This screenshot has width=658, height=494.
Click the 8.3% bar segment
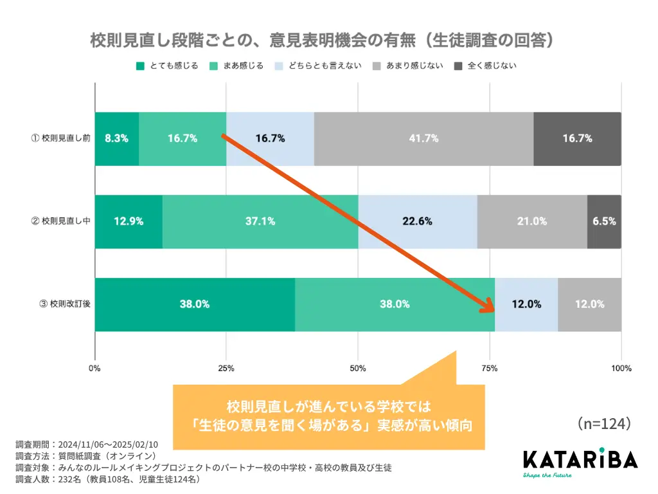[117, 138]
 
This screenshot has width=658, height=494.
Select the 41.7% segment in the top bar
[423, 138]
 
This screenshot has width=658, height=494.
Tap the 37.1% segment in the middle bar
[260, 221]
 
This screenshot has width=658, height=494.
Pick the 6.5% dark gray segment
[604, 221]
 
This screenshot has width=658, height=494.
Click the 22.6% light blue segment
[418, 221]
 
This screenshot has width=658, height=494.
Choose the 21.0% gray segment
[532, 221]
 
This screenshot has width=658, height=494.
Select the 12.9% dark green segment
[129, 221]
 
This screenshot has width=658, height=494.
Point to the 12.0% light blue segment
[526, 304]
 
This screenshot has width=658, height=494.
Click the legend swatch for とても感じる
[140, 66]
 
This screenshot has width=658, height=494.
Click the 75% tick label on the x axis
[489, 369]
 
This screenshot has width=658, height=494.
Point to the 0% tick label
[94, 369]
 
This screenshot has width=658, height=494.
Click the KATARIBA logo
[580, 461]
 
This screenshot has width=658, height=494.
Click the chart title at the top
[322, 41]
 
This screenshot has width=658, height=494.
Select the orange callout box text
[328, 416]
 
